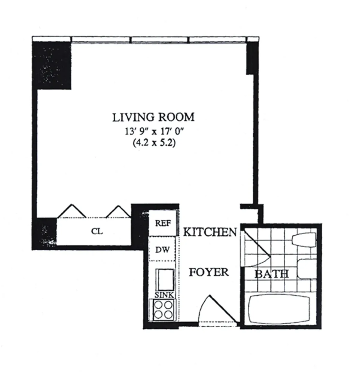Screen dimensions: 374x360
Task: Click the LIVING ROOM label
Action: [x=153, y=117]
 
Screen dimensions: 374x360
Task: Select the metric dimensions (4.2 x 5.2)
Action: [x=154, y=143]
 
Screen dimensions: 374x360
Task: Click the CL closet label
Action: [x=97, y=231]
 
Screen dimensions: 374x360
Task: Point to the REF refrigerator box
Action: [x=163, y=223]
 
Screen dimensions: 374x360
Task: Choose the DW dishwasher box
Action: [x=163, y=249]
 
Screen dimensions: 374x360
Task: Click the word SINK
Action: [x=164, y=295]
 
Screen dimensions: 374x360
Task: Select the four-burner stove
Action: [x=163, y=310]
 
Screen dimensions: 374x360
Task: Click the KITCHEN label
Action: [x=210, y=232]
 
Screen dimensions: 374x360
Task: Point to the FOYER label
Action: [x=208, y=272]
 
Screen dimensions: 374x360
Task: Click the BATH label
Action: [x=271, y=274]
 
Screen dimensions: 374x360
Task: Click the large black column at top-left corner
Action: [x=52, y=65]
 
